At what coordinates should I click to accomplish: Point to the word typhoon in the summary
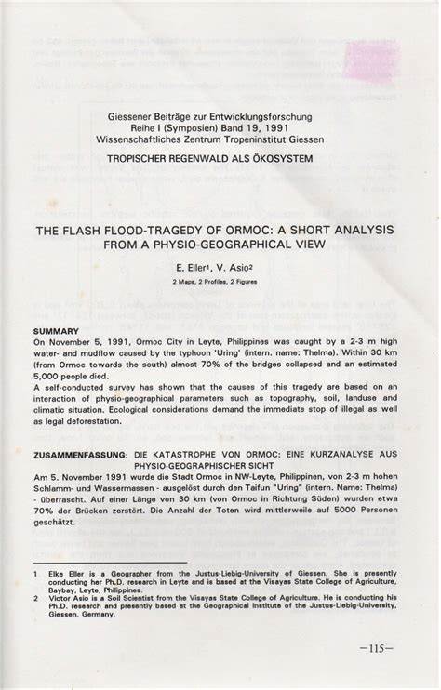pyautogui.click(x=297, y=355)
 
